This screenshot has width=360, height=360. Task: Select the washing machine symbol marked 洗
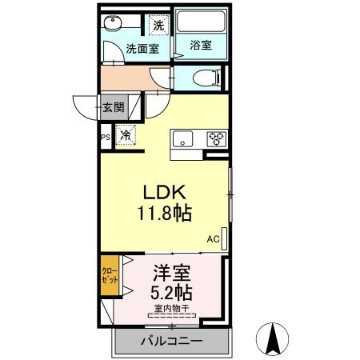(159, 25)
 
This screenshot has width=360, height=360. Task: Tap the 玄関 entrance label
(113, 106)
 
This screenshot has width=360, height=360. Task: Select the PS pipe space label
(105, 138)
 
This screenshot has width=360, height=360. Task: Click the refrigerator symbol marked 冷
(126, 136)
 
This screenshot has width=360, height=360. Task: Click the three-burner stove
(215, 137)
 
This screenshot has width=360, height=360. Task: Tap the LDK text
(165, 193)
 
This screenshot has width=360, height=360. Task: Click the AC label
(213, 238)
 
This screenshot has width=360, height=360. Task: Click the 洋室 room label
(172, 271)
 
